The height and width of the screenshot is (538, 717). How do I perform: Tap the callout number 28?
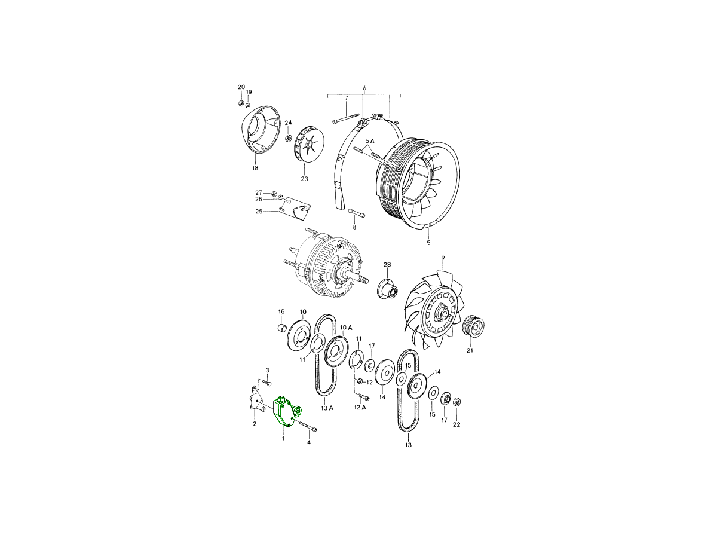(387, 265)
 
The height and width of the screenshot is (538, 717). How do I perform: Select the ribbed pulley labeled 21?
(474, 326)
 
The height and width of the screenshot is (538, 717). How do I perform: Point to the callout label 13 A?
(327, 408)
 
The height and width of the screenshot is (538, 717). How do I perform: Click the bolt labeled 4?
(307, 425)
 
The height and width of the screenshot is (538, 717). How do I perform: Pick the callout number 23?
(304, 179)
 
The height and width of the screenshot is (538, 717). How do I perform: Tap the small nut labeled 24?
(289, 138)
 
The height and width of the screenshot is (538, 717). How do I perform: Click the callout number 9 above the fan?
(443, 258)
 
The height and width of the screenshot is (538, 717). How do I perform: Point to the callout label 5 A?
(370, 141)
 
